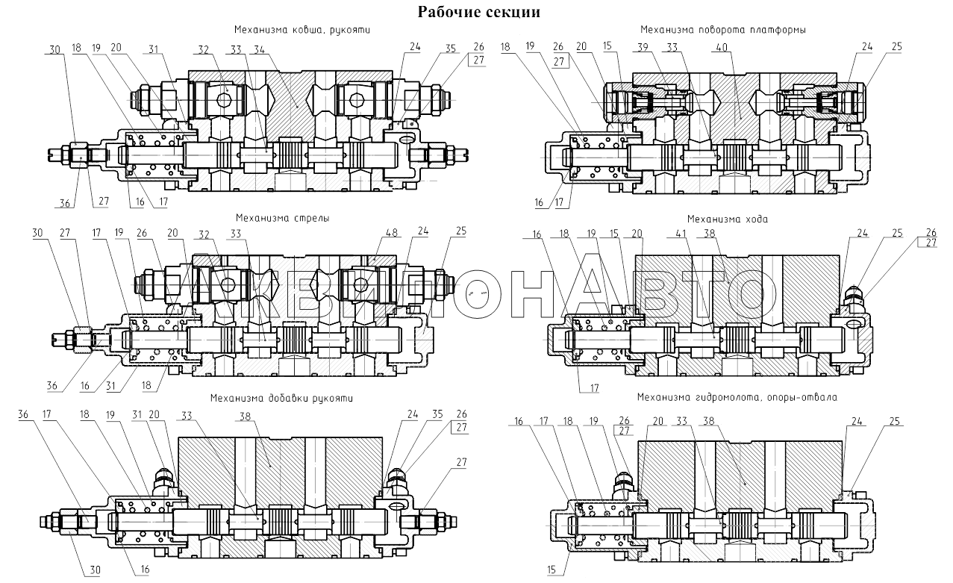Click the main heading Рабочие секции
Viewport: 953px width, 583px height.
click(x=478, y=12)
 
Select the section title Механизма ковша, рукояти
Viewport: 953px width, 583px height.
click(x=302, y=30)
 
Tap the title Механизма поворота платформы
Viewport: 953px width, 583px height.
click(x=723, y=30)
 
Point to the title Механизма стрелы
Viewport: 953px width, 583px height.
click(x=283, y=218)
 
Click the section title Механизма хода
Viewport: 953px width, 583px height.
click(x=728, y=219)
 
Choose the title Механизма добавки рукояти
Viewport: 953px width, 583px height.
click(x=281, y=399)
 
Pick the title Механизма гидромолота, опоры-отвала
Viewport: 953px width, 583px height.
click(x=737, y=397)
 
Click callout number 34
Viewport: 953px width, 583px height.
click(x=259, y=50)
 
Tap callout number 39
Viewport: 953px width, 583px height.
click(x=643, y=47)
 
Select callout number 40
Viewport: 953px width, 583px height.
click(x=722, y=47)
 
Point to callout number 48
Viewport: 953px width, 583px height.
click(x=391, y=233)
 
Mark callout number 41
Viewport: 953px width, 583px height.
click(x=681, y=234)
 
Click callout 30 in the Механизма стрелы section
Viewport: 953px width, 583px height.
click(x=37, y=233)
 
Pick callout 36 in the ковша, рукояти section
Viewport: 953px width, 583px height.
click(x=65, y=203)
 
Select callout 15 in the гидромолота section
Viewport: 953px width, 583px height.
click(x=552, y=570)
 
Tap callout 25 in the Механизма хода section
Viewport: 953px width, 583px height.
click(x=897, y=233)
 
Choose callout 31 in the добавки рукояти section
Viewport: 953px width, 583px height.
click(x=137, y=414)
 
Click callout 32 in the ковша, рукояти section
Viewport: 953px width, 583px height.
click(x=204, y=50)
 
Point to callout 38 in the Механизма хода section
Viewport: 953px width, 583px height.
click(x=709, y=234)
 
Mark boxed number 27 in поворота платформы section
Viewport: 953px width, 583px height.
click(x=559, y=62)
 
